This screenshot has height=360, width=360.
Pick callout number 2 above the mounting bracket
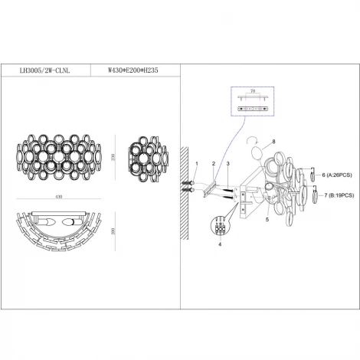(x=214, y=164)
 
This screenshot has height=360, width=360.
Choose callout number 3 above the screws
(x=227, y=164)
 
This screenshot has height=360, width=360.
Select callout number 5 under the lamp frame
(x=267, y=220)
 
